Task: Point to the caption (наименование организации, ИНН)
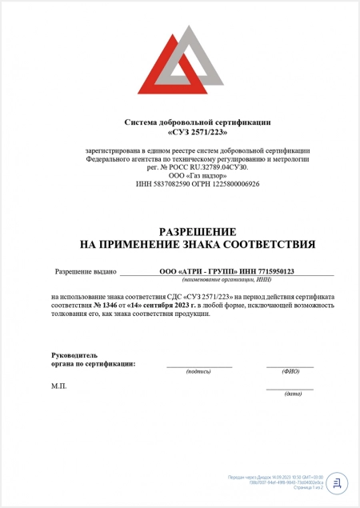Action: [x=226, y=281]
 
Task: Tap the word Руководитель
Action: [x=74, y=354]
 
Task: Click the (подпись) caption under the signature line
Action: [x=198, y=371]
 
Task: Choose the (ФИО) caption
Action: [x=290, y=371]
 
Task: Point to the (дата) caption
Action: [x=293, y=394]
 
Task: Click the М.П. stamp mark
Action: [x=59, y=386]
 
